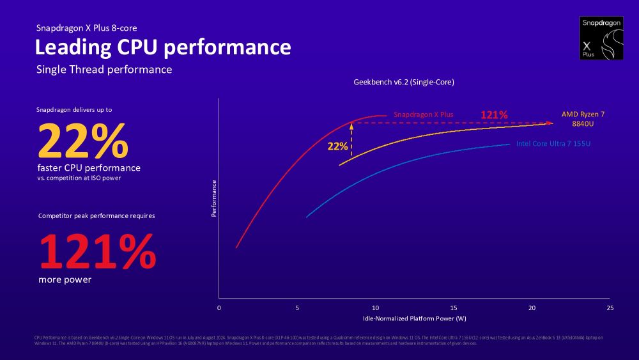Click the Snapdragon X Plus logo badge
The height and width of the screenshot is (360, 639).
pos(601,38)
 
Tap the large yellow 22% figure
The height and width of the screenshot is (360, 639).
pos(83,141)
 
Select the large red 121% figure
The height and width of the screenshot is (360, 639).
pos(98,252)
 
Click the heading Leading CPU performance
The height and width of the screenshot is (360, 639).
pos(162,47)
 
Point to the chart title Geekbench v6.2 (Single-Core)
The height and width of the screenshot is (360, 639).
pos(404,82)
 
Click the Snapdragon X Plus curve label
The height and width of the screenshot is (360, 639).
pos(423,114)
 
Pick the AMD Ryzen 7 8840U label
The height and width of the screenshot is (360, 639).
pos(583,119)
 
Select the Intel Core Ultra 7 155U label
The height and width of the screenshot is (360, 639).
pos(553,144)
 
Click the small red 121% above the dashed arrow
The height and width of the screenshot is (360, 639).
pos(493,115)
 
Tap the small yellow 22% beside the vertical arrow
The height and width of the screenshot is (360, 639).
pos(337,146)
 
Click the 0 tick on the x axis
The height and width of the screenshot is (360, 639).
pos(219,308)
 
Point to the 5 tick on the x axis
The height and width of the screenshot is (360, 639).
pos(297,308)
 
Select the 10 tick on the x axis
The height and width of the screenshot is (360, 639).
pos(376,308)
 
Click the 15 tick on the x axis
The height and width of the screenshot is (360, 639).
pos(454,308)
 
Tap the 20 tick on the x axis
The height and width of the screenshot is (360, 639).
pos(532,308)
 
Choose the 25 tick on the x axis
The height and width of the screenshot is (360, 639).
pos(610,308)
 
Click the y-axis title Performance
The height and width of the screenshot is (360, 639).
pos(214,198)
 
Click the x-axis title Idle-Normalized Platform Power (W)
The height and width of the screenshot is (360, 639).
pos(414,318)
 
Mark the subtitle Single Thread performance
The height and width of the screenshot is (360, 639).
pos(104,69)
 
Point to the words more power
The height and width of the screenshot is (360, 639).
pos(65,280)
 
